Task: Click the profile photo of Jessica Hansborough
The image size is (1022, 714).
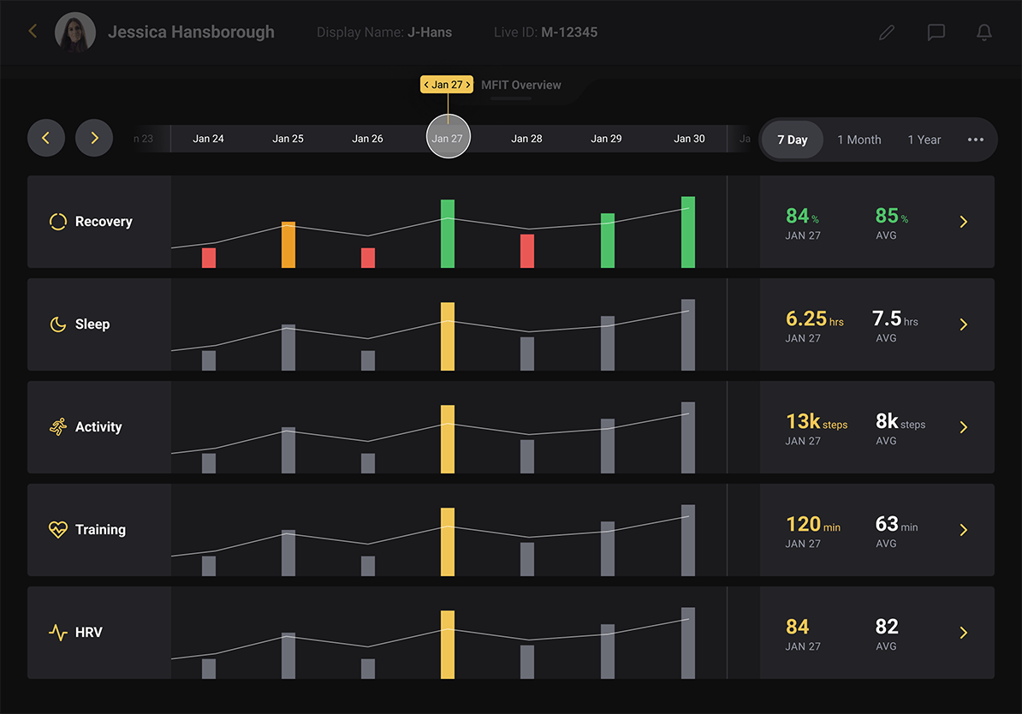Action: click(x=75, y=33)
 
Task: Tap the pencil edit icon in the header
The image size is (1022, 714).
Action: click(x=887, y=33)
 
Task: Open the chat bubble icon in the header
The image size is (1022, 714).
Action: click(x=936, y=33)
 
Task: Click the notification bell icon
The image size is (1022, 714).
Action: click(x=984, y=33)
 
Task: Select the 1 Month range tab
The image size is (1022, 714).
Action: click(x=859, y=140)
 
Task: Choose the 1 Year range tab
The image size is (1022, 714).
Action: click(x=924, y=140)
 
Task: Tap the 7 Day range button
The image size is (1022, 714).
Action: click(x=793, y=140)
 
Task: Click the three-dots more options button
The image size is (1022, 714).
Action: click(x=976, y=140)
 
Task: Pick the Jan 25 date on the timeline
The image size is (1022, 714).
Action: click(x=288, y=139)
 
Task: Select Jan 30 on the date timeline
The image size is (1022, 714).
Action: click(x=689, y=139)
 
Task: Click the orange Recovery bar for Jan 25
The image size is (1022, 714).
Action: click(x=288, y=245)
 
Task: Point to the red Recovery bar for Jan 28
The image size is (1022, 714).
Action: click(x=527, y=251)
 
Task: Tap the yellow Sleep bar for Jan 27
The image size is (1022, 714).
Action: click(x=448, y=336)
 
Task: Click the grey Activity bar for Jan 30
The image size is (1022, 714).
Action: click(x=688, y=437)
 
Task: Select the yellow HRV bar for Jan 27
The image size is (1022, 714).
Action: click(x=448, y=645)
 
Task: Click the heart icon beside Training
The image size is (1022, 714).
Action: click(x=57, y=530)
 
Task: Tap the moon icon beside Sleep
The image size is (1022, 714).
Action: click(x=57, y=324)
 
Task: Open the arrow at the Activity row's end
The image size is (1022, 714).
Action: click(x=964, y=427)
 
